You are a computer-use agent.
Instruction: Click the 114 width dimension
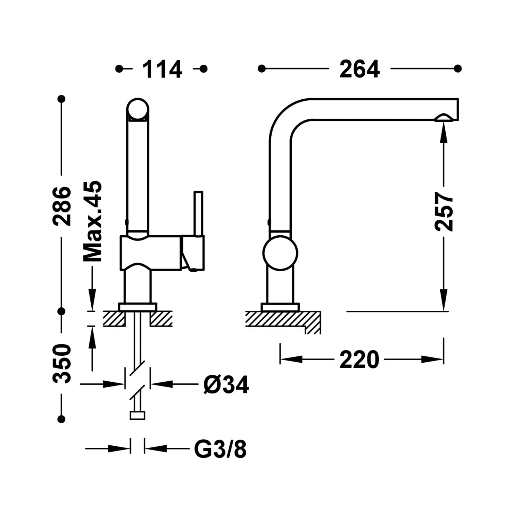click(162, 69)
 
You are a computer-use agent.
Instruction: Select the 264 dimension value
click(359, 69)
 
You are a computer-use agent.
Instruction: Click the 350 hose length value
click(62, 364)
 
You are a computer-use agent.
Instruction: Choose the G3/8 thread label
click(220, 449)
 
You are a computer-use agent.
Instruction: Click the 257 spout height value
click(444, 212)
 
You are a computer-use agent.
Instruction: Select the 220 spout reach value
click(359, 360)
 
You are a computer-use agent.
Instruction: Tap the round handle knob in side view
click(280, 253)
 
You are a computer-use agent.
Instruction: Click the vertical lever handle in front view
click(198, 213)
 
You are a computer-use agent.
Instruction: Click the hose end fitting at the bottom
click(137, 415)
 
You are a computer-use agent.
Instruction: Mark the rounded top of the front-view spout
click(138, 108)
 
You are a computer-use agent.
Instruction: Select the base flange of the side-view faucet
click(280, 307)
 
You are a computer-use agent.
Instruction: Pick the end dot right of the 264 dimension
click(458, 69)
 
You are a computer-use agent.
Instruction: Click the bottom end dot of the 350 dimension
click(62, 419)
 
